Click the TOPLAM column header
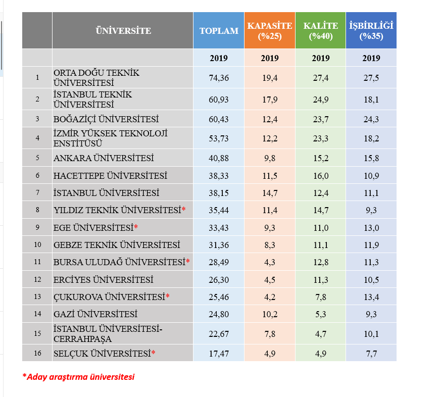click(219, 31)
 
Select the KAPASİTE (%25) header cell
click(270, 31)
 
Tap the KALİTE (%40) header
click(320, 31)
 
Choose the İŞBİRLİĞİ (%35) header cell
click(371, 31)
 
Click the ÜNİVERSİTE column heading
click(123, 31)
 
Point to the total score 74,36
click(219, 78)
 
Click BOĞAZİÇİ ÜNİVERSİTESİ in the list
click(106, 119)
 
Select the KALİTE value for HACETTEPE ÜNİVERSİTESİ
click(320, 176)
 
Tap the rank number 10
click(37, 244)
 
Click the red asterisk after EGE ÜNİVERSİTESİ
click(136, 226)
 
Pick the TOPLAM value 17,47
click(219, 354)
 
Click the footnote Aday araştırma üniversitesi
click(80, 377)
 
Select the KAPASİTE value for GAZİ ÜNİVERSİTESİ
click(270, 314)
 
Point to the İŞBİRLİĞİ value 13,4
click(371, 297)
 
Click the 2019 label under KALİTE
click(320, 58)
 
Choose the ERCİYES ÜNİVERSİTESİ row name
click(103, 280)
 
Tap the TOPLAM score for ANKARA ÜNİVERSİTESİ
click(219, 158)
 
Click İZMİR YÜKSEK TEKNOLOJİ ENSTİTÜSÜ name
click(110, 138)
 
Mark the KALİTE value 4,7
click(320, 334)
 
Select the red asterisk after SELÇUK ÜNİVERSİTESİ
click(153, 353)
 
